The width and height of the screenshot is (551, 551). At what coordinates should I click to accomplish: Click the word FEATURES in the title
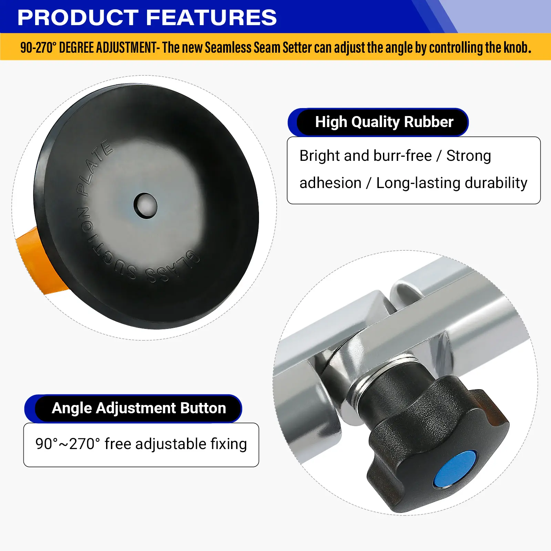point(211,18)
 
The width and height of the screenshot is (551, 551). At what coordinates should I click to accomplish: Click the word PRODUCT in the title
point(78,18)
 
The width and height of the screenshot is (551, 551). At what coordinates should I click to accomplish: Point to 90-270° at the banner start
point(38,48)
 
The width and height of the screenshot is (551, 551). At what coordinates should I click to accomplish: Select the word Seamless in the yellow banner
point(228,48)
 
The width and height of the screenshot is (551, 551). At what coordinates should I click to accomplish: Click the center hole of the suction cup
point(145,206)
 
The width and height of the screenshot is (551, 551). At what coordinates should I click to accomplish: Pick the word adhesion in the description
point(330,183)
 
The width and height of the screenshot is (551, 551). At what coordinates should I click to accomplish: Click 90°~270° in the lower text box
point(67,444)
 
